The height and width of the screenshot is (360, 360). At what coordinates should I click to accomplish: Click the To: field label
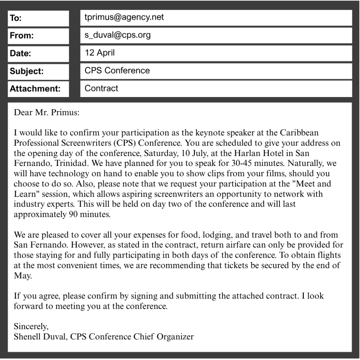pyautogui.click(x=16, y=18)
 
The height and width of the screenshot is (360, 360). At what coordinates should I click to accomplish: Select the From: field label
pyautogui.click(x=22, y=36)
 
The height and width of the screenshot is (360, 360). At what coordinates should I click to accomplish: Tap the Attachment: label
pyautogui.click(x=35, y=89)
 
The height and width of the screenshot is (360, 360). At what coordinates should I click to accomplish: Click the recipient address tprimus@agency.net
pyautogui.click(x=124, y=17)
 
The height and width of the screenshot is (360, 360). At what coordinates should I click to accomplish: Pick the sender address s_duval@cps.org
pyautogui.click(x=117, y=35)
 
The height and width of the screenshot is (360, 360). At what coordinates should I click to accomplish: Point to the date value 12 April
pyautogui.click(x=99, y=53)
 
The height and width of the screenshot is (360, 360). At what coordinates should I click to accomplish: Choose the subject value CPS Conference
pyautogui.click(x=117, y=71)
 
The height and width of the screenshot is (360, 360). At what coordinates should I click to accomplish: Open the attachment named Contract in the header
pyautogui.click(x=101, y=89)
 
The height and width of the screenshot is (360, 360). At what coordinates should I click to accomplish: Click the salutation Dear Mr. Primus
pyautogui.click(x=47, y=113)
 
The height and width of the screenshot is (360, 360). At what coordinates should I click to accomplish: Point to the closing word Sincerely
pyautogui.click(x=31, y=327)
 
